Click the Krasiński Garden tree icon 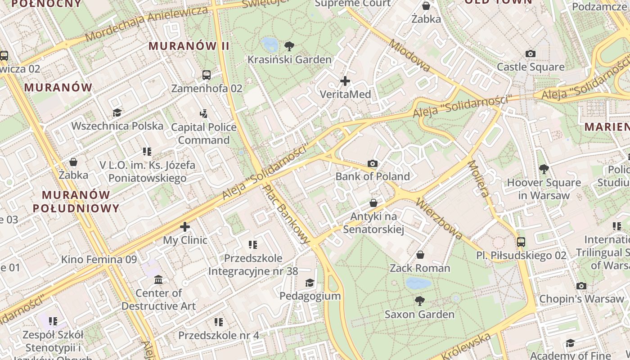(x=289, y=46)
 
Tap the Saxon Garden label (x=419, y=314)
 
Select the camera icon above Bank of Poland (x=373, y=164)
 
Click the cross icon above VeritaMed (x=345, y=81)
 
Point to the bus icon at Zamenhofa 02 (x=207, y=75)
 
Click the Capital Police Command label (x=204, y=134)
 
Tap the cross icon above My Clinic (x=185, y=227)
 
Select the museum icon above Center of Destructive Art (x=158, y=280)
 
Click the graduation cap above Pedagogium (x=310, y=283)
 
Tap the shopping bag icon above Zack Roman (x=420, y=255)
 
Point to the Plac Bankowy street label (x=287, y=214)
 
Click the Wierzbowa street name (x=440, y=218)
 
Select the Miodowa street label (x=409, y=55)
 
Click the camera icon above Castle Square (x=531, y=54)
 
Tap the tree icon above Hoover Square (x=544, y=169)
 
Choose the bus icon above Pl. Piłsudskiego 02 (x=521, y=242)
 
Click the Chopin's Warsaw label (x=581, y=299)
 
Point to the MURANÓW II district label (x=189, y=46)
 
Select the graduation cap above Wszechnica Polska (x=117, y=112)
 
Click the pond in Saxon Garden (x=418, y=283)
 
